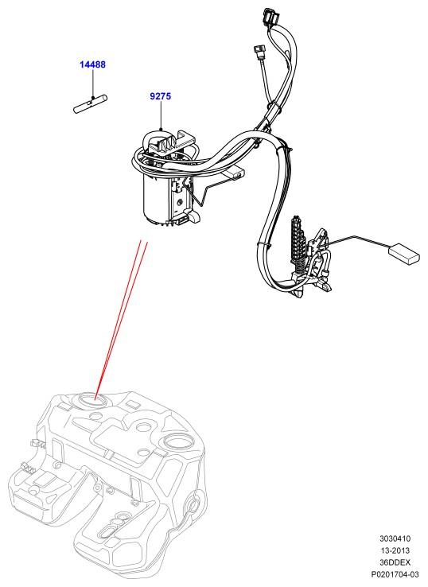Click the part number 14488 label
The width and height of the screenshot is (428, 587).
[92, 64]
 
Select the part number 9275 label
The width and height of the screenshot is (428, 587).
[160, 96]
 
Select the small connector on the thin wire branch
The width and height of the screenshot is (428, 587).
[259, 51]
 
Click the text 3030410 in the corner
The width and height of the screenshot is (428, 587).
[395, 538]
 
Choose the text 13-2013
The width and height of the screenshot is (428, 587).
[395, 550]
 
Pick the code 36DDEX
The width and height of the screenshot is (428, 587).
[395, 562]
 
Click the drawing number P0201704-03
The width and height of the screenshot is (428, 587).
[395, 574]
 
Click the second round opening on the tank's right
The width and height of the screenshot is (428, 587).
[177, 441]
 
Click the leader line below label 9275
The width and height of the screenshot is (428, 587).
[161, 115]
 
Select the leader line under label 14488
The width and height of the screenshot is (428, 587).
[92, 84]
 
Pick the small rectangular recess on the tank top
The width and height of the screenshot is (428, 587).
[132, 404]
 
